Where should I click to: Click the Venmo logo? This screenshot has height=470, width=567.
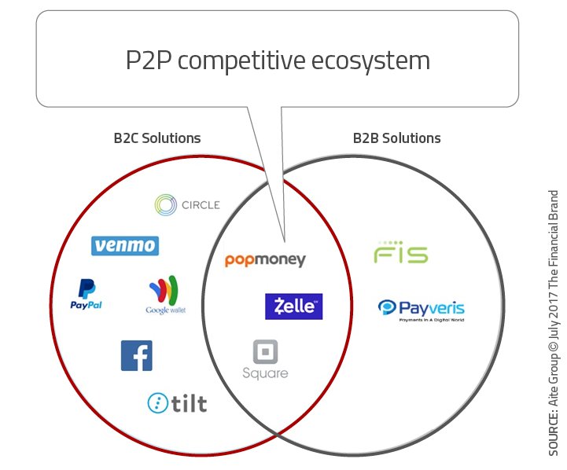tap(125, 246)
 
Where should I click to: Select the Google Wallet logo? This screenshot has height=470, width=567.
tap(165, 296)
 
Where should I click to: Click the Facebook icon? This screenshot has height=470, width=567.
tap(136, 355)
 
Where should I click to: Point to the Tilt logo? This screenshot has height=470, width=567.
tap(178, 403)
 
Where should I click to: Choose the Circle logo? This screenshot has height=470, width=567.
tap(187, 205)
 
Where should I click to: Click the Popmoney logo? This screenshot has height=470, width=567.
tap(265, 260)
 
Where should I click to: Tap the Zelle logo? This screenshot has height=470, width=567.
tap(293, 307)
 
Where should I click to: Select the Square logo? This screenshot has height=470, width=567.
tap(266, 360)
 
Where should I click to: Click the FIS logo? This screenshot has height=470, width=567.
tap(400, 255)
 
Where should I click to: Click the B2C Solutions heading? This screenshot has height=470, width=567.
tap(157, 138)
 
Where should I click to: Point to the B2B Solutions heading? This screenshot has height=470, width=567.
tap(396, 138)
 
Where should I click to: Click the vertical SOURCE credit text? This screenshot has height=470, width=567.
tap(552, 322)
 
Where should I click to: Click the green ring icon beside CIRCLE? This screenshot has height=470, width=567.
tap(167, 205)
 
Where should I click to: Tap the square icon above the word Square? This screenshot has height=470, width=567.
tap(266, 351)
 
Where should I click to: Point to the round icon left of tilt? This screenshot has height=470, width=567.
tap(158, 403)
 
